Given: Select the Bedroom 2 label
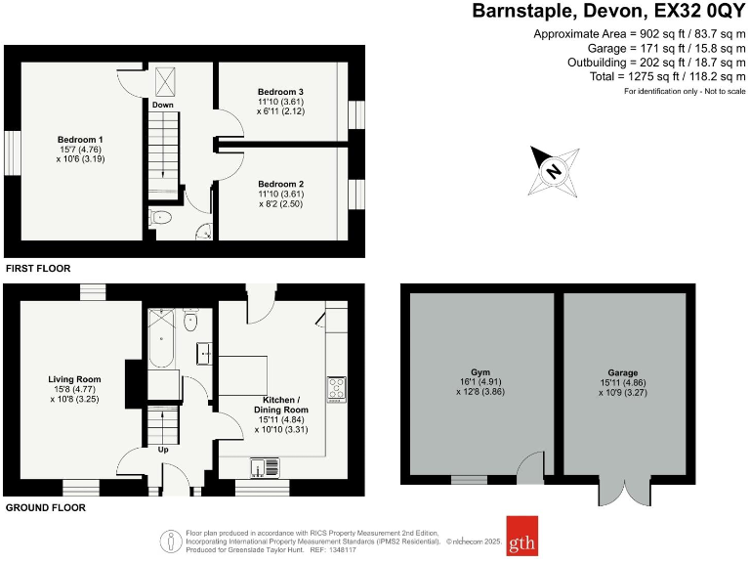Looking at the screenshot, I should click(x=281, y=184).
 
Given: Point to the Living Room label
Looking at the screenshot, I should click(x=75, y=379).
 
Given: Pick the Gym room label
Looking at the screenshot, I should click(x=479, y=372).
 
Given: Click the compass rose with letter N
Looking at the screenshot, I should click(x=554, y=171).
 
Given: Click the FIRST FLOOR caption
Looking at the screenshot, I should click(x=38, y=268).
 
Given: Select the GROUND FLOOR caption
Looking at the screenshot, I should click(x=45, y=508).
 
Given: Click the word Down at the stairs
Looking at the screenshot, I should click(x=163, y=104).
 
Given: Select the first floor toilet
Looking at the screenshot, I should click(x=162, y=217).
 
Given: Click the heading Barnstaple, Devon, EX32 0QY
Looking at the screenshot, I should click(x=608, y=12).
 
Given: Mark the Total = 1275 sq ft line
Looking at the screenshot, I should click(x=667, y=75).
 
